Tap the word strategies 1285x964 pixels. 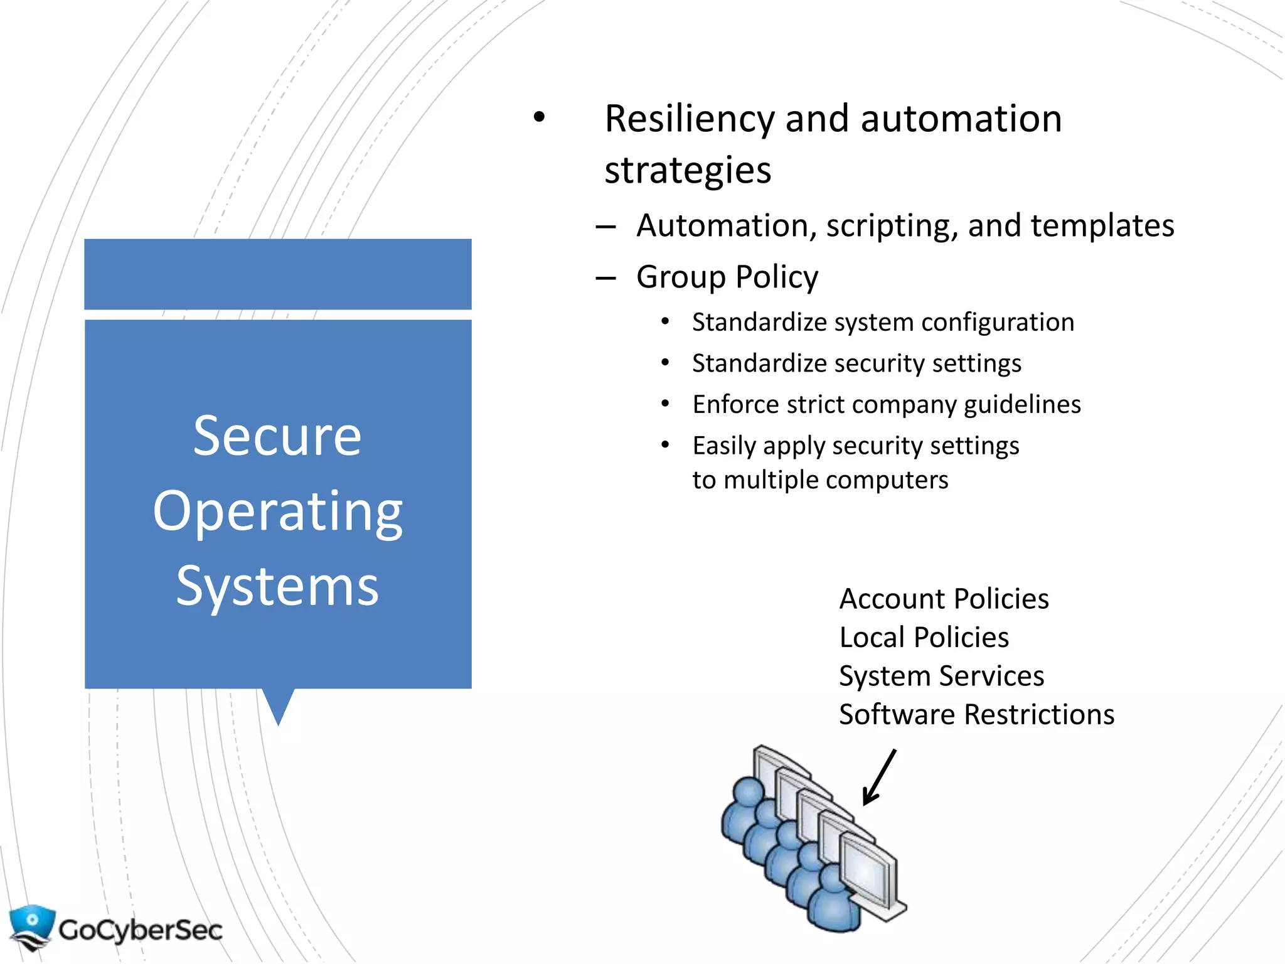coord(687,171)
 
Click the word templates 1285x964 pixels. coord(1102,226)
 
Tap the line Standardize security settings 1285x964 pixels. coord(856,363)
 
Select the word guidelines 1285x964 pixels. coord(1022,405)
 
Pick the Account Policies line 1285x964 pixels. coord(944,599)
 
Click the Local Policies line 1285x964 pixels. coord(924,638)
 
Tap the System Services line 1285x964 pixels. coord(941,676)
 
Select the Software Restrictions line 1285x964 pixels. coord(976,715)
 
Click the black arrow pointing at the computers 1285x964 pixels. coord(879,777)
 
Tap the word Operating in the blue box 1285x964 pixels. coord(277,511)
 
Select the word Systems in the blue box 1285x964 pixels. coord(277,586)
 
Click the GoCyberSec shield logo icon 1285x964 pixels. coord(31,926)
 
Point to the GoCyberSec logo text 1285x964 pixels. coord(141,930)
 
